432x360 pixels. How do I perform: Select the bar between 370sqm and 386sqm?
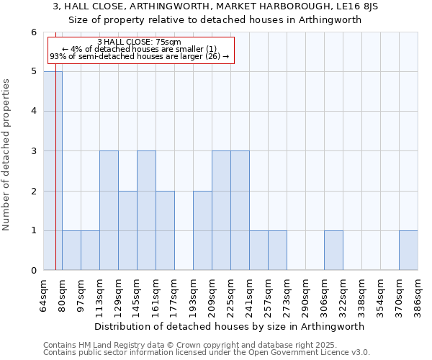click(x=408, y=251)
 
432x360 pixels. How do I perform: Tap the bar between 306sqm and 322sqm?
click(x=333, y=251)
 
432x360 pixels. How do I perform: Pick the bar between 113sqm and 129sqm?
click(x=109, y=210)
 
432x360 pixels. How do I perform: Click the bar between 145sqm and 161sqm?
click(x=146, y=210)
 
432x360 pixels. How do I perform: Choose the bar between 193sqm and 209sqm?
click(x=202, y=230)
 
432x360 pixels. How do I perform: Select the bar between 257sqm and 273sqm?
click(x=277, y=251)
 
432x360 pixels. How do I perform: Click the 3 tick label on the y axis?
click(x=33, y=151)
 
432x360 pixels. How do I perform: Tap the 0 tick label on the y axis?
click(x=33, y=271)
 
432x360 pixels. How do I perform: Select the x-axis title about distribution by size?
click(x=230, y=326)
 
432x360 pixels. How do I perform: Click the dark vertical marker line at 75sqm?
click(x=55, y=180)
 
